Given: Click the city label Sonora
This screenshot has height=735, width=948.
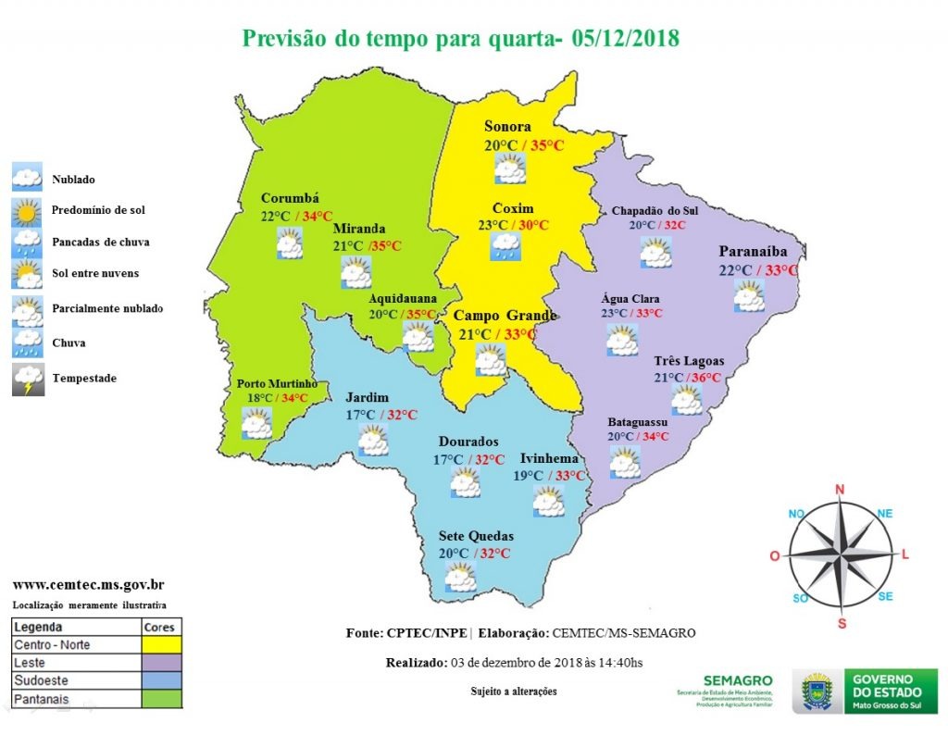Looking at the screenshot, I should click(507, 127).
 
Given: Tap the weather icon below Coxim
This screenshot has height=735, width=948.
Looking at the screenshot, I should click(505, 245).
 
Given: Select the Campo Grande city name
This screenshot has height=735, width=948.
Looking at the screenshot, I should click(505, 316).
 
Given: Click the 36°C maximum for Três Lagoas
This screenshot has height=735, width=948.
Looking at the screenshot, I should click(703, 378).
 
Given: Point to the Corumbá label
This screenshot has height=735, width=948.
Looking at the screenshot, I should click(290, 198).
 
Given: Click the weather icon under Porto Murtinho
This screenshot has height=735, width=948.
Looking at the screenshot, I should click(256, 423).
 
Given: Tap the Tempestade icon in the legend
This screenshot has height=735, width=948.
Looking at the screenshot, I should click(27, 380).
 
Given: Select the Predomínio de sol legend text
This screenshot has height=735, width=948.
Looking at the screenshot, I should click(98, 210).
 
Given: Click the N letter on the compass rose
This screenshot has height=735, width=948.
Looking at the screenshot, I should click(841, 490).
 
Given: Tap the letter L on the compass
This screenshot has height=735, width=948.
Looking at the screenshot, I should click(905, 554).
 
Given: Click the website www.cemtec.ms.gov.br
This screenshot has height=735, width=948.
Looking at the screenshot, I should click(89, 585).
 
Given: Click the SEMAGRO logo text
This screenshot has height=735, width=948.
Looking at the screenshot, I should click(731, 680).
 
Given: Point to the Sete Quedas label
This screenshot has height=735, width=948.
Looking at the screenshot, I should click(476, 536).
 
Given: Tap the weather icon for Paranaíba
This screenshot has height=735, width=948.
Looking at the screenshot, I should click(748, 295).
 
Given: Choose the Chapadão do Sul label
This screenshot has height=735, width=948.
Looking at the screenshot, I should click(655, 211).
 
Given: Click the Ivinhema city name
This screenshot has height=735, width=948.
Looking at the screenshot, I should click(549, 458).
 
